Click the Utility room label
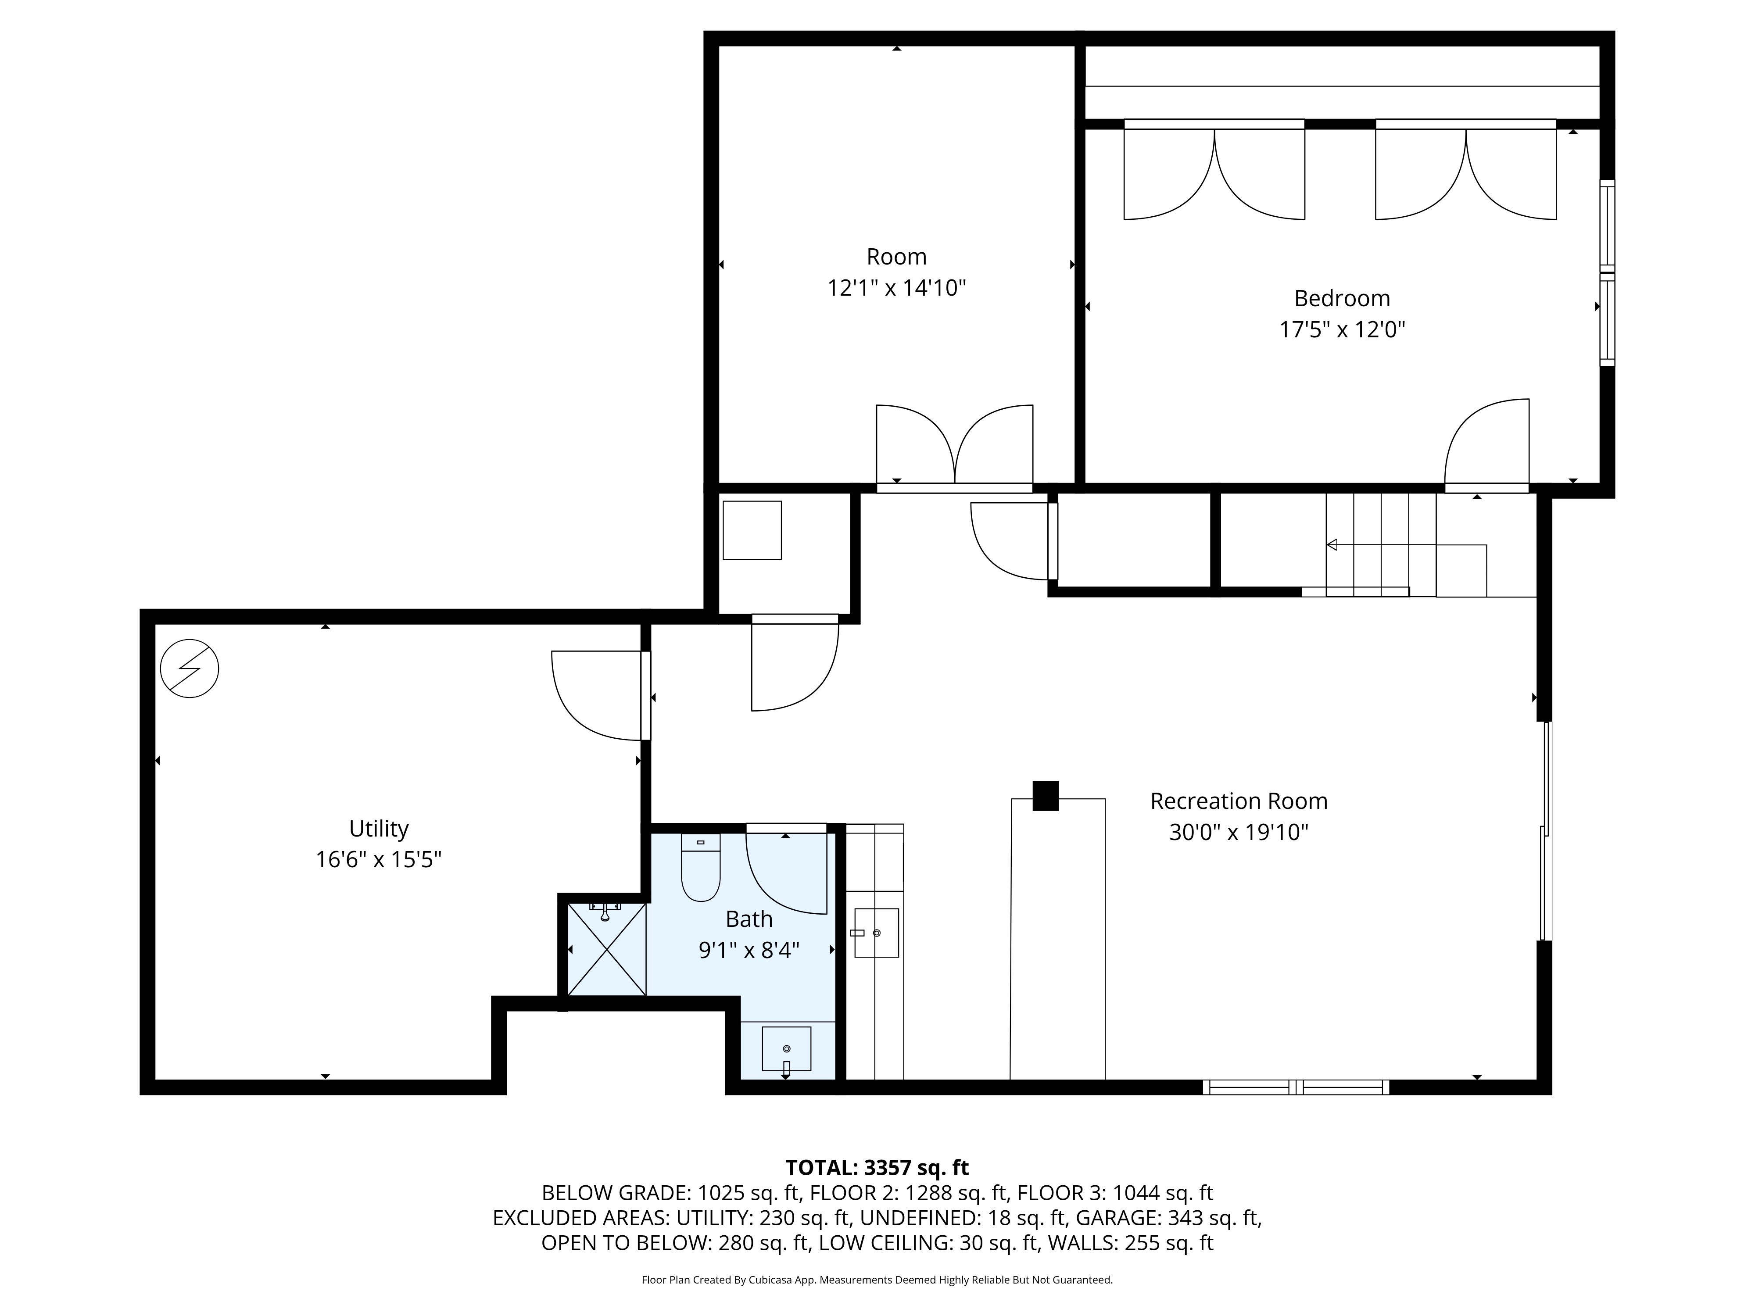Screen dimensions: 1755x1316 [x=379, y=829]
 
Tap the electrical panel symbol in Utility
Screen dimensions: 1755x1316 [x=190, y=669]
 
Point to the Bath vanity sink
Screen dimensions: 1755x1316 [x=786, y=1049]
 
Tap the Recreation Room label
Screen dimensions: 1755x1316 [x=1239, y=801]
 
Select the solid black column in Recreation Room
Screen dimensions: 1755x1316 [x=1046, y=796]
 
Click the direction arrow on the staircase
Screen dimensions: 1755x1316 [x=1406, y=545]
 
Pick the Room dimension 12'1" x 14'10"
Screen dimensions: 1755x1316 [x=896, y=288]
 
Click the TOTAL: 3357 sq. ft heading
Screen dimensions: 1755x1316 [x=877, y=1168]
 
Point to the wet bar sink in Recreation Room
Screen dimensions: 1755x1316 [x=876, y=933]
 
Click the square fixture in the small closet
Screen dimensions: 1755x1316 [x=752, y=530]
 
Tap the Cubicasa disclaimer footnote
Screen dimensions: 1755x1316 [x=877, y=1280]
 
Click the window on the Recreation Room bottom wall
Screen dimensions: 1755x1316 [x=1296, y=1087]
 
